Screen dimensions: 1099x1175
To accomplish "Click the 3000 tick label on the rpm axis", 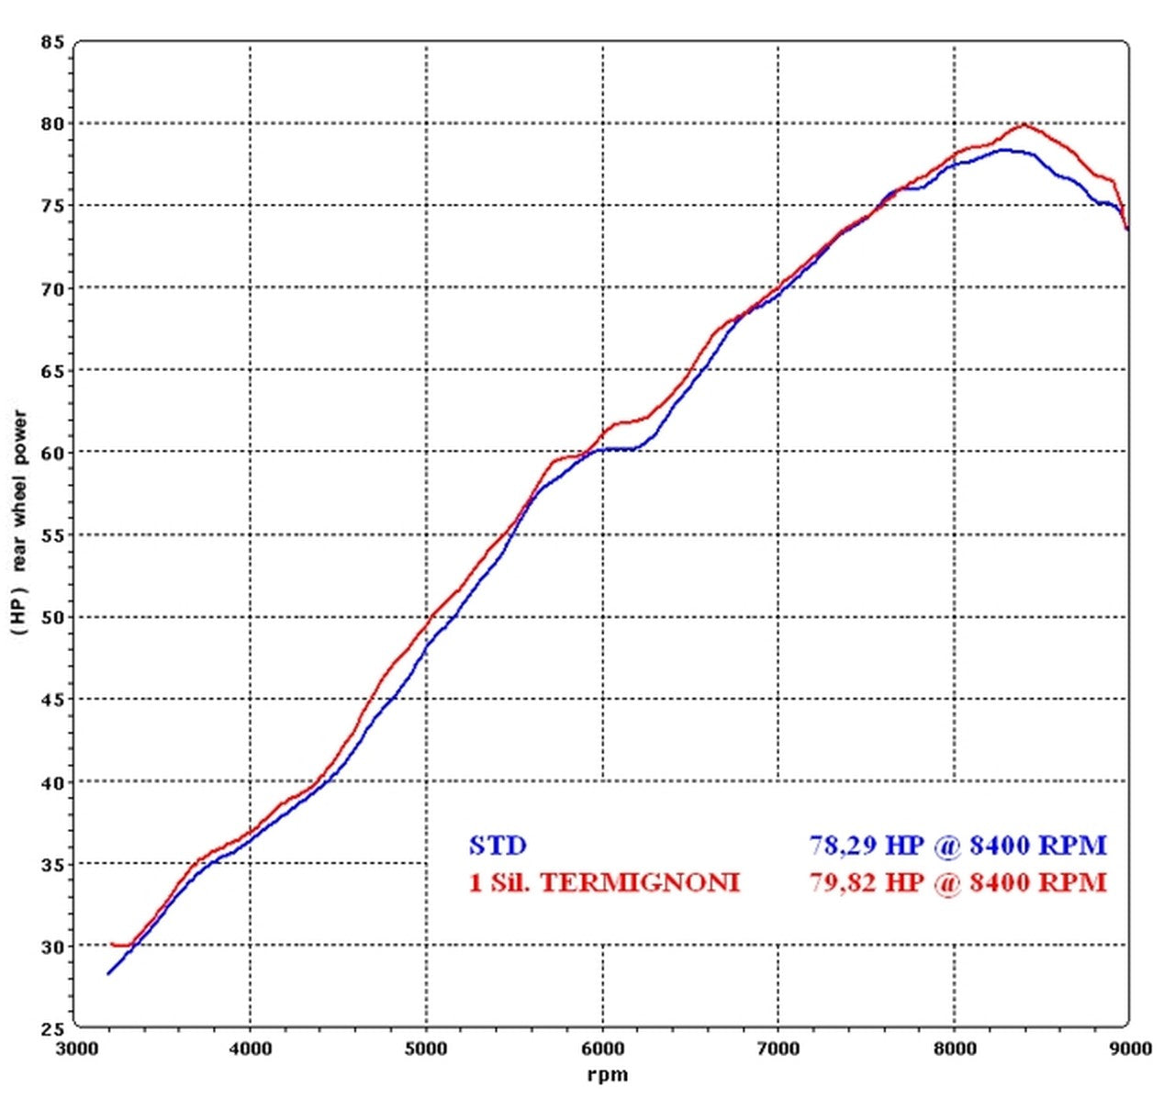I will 75,1048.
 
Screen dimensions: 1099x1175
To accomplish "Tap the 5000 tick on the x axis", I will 427,1048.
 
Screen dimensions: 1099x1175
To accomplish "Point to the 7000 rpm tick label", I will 778,1048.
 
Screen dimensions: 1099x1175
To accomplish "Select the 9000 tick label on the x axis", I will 1129,1048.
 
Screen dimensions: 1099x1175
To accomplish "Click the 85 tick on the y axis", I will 52,42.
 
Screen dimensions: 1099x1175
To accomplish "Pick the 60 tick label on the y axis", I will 52,453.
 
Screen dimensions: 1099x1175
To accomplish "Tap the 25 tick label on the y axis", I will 52,1027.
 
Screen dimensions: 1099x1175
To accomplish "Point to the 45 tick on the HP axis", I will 52,700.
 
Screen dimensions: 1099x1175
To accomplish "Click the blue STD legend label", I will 498,845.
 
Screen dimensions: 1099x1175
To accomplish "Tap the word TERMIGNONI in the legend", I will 639,883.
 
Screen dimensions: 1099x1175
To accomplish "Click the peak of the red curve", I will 1024,125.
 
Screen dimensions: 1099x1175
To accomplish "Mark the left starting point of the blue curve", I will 108,973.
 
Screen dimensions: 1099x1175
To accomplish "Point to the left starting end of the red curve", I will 112,944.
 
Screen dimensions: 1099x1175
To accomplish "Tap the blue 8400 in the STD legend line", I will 1005,845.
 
